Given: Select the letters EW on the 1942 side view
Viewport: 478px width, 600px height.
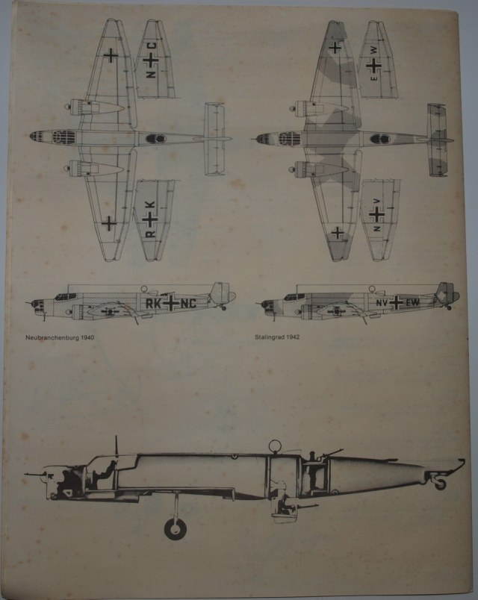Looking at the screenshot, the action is (x=412, y=302).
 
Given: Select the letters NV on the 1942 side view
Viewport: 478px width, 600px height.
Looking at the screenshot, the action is (x=381, y=302).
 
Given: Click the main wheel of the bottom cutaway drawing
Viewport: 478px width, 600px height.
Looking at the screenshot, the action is (x=176, y=528).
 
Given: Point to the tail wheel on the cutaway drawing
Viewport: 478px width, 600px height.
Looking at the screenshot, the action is (x=440, y=483).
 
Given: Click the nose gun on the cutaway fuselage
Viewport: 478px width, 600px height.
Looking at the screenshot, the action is (x=35, y=472).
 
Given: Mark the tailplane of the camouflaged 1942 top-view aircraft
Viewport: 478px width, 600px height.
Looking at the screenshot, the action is (x=437, y=139).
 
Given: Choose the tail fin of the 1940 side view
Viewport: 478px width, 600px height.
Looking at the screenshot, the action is (x=220, y=294).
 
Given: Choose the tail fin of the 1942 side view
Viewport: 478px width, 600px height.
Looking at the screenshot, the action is (x=445, y=293).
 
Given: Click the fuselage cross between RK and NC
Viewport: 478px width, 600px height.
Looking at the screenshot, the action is (x=171, y=304).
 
